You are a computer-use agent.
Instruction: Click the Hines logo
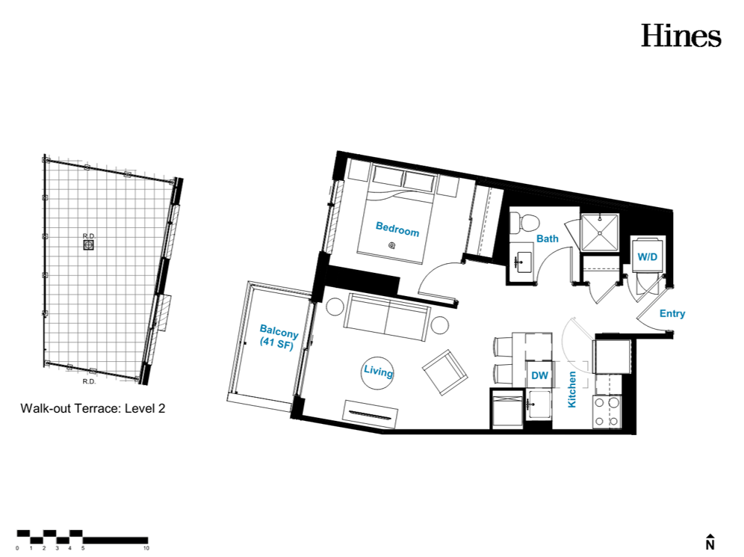[x=681, y=36]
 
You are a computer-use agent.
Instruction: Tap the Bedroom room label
[x=397, y=229]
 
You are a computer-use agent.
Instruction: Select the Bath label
[x=547, y=239]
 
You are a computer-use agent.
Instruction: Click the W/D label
[x=647, y=257]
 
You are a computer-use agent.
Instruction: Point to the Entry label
[x=672, y=313]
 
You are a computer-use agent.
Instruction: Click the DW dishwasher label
[x=539, y=375]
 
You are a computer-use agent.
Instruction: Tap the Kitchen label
[x=571, y=390]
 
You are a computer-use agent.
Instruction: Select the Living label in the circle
[x=378, y=371]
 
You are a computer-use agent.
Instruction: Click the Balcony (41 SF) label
[x=278, y=337]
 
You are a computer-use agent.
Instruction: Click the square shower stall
[x=600, y=233]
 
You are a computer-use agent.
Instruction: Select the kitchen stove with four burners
[x=607, y=411]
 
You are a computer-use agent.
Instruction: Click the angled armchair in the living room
[x=445, y=373]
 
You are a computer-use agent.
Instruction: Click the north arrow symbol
[x=710, y=541]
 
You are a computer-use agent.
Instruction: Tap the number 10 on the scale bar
[x=146, y=548]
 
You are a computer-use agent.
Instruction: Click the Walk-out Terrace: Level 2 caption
[x=93, y=408]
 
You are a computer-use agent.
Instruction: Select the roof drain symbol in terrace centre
[x=89, y=245]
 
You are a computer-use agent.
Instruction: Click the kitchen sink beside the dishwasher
[x=539, y=404]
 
